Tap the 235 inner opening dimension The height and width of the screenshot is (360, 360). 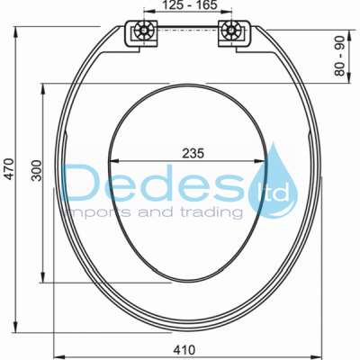click(x=191, y=153)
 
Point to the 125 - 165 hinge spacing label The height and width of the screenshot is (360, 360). click(x=190, y=7)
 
